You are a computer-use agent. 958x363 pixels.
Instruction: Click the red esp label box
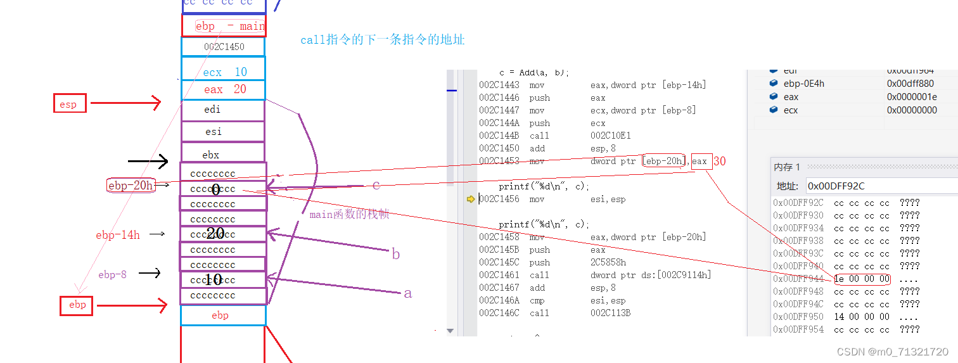coord(69,103)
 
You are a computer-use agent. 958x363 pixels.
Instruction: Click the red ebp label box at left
coord(77,305)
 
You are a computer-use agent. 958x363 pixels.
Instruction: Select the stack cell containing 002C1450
coord(224,47)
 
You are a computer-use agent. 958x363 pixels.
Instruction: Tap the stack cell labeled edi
coord(223,110)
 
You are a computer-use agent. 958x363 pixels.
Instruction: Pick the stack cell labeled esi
coord(223,132)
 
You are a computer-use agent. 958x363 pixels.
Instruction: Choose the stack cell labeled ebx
coord(223,155)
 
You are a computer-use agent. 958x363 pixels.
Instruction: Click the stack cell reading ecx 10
coord(224,72)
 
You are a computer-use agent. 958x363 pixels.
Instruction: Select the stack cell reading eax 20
coord(224,90)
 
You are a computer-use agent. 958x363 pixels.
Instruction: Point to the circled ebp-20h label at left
coord(131,185)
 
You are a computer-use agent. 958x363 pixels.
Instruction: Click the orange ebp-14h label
coord(118,235)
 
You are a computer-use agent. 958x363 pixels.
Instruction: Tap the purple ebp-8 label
coord(112,274)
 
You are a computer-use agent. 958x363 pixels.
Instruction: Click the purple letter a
coord(407,293)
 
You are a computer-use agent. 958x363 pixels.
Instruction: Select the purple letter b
coord(396,255)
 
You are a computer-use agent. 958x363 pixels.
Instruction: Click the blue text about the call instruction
coord(382,40)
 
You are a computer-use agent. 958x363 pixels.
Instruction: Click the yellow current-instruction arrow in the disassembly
coord(470,199)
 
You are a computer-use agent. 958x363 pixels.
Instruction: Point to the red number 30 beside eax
coord(719,162)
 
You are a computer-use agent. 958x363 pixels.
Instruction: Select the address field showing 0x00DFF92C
coord(881,186)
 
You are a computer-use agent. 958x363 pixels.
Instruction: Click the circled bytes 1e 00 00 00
coord(862,279)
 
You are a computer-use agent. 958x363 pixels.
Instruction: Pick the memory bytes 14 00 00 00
coord(862,317)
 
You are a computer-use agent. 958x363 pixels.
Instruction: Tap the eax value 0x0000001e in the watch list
coord(912,97)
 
